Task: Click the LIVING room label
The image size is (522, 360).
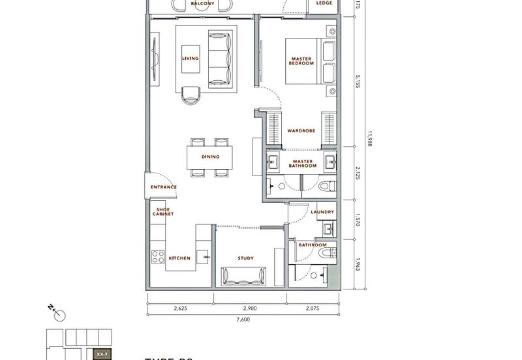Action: pyautogui.click(x=190, y=59)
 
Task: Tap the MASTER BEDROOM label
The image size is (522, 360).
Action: pyautogui.click(x=302, y=61)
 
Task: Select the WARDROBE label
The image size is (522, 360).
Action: pyautogui.click(x=301, y=131)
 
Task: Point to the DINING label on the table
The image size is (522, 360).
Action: pyautogui.click(x=210, y=157)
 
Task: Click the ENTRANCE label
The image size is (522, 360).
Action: pyautogui.click(x=163, y=187)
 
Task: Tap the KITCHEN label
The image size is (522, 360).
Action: pyautogui.click(x=179, y=258)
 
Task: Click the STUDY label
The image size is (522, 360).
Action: pyautogui.click(x=246, y=258)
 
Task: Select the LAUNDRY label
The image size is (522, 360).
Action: pyautogui.click(x=322, y=212)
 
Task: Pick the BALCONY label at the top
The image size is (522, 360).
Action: pyautogui.click(x=203, y=3)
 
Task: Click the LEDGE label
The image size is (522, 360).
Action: pyautogui.click(x=322, y=3)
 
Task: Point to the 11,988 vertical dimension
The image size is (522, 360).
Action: pyautogui.click(x=369, y=139)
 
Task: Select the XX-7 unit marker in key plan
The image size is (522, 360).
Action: pyautogui.click(x=101, y=354)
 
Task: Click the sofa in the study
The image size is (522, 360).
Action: pyautogui.click(x=245, y=277)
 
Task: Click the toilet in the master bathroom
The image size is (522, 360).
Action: pyautogui.click(x=327, y=186)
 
